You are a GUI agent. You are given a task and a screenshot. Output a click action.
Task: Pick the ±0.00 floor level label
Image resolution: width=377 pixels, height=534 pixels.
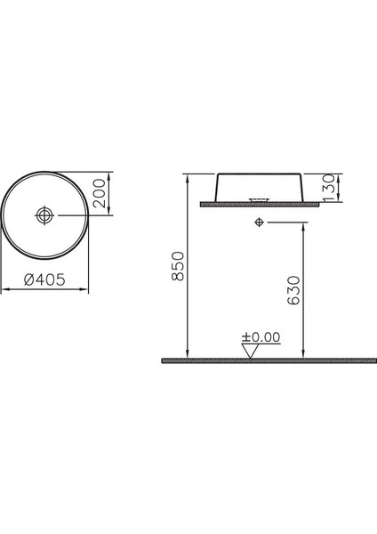click(261, 337)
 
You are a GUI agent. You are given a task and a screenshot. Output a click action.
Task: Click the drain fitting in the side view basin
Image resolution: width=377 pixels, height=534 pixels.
click(260, 198)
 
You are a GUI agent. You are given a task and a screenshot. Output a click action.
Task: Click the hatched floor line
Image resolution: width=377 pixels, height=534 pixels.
click(258, 361)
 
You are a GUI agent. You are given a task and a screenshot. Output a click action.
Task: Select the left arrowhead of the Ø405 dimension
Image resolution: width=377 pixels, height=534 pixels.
click(4, 288)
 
